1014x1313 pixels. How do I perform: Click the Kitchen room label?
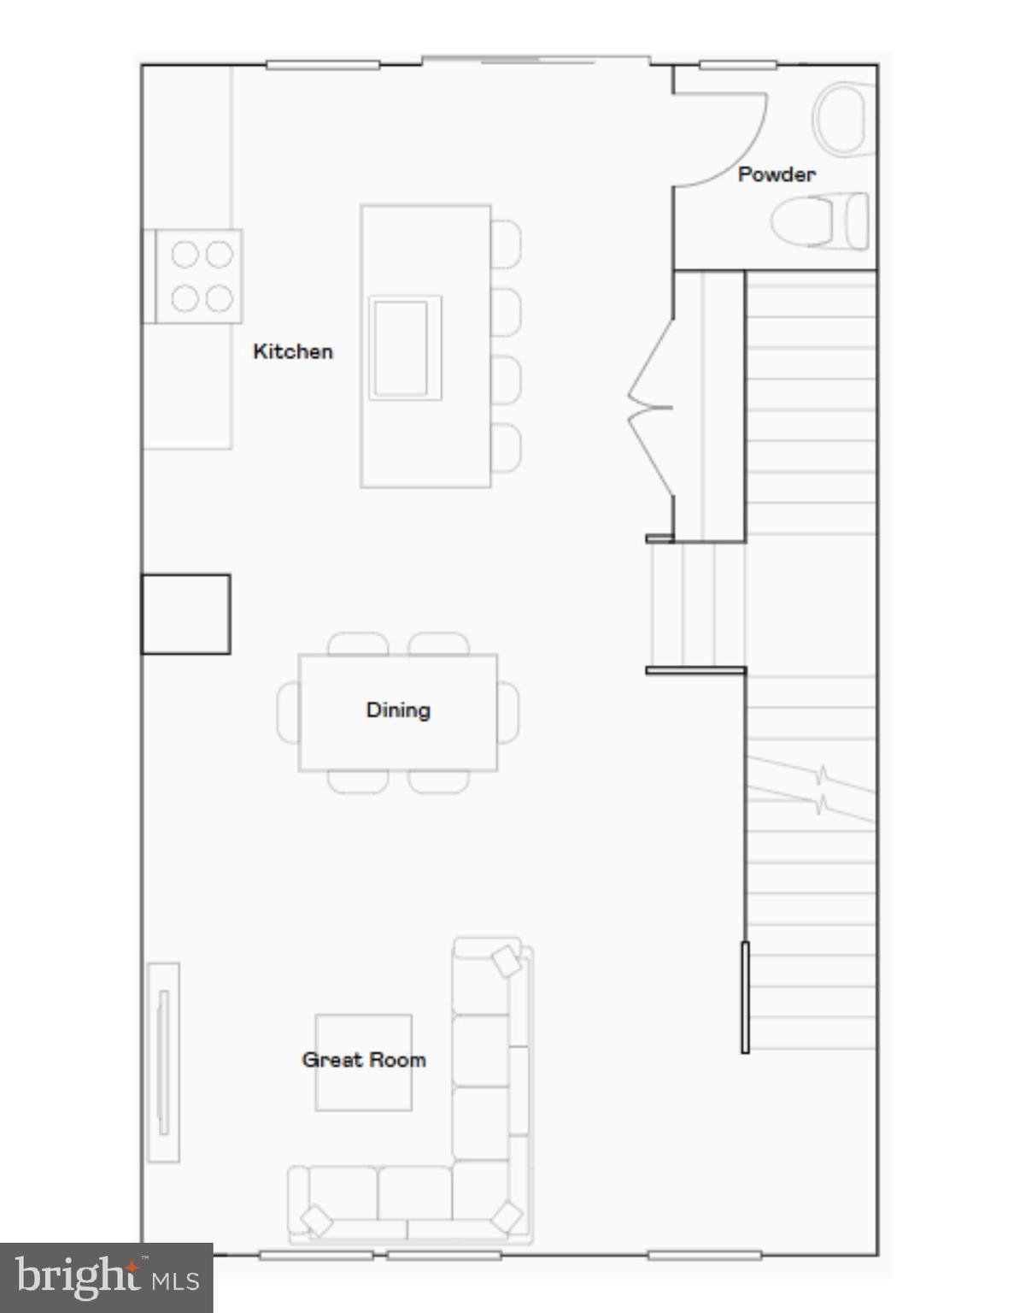click(x=292, y=351)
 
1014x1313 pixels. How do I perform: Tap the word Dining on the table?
click(x=398, y=709)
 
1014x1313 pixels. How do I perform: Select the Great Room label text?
click(x=363, y=1059)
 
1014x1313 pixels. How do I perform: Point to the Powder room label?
click(x=776, y=174)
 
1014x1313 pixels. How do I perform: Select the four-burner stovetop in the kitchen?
click(x=202, y=276)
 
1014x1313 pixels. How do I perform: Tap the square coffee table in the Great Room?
click(x=363, y=1086)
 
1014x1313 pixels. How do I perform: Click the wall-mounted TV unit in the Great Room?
click(x=163, y=1062)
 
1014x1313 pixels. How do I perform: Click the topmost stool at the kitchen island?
click(x=506, y=243)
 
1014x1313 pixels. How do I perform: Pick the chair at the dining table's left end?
click(x=288, y=712)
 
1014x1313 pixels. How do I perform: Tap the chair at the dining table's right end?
click(x=507, y=712)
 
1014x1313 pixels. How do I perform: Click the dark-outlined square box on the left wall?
click(x=185, y=614)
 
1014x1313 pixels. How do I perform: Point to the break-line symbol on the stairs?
click(x=820, y=789)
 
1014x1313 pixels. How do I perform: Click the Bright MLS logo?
click(x=106, y=1278)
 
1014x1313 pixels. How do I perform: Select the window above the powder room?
click(x=737, y=64)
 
